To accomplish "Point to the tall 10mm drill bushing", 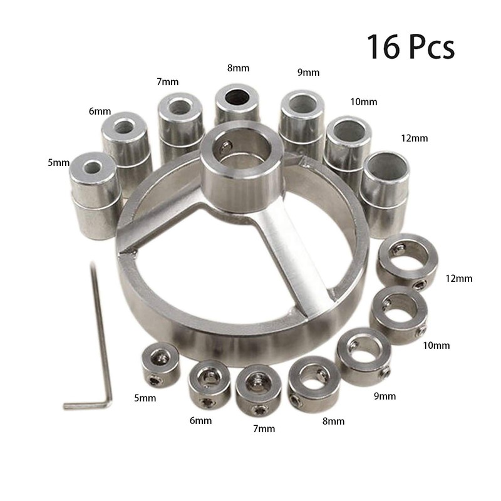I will (348, 147).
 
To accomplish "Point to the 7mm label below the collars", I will (263, 429).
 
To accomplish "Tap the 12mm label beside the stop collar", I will (459, 278).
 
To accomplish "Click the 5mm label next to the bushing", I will (58, 163).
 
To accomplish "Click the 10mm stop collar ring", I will (398, 313).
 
